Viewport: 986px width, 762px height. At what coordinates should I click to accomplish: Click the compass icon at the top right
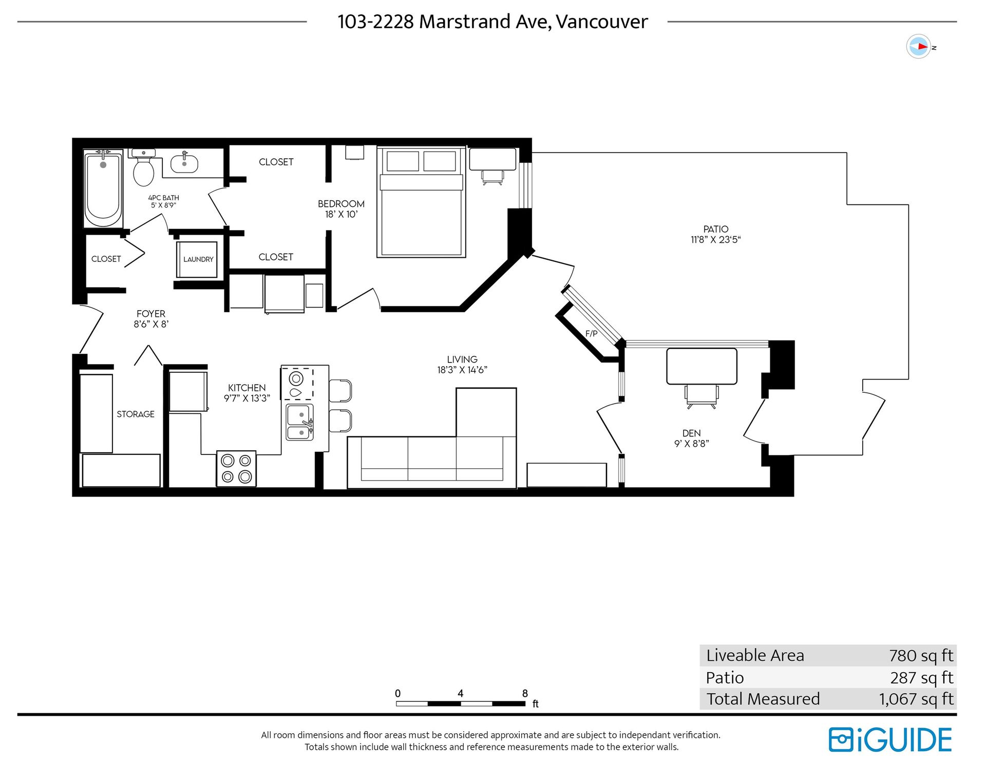[x=919, y=47]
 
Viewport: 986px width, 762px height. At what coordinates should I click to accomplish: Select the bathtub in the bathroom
[x=103, y=188]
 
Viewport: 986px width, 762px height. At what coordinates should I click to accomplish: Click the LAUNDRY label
[x=198, y=259]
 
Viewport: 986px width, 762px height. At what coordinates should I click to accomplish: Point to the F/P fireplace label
[x=591, y=334]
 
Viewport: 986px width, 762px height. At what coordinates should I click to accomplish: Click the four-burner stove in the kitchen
[x=236, y=468]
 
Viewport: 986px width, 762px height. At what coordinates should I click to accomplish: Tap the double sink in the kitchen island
[x=299, y=422]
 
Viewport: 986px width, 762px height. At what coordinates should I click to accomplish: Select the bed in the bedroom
[x=421, y=201]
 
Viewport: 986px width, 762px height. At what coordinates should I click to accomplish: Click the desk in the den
[x=701, y=366]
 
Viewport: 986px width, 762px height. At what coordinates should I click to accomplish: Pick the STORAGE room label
[x=136, y=414]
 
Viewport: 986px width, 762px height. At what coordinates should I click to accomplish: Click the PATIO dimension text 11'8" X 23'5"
[x=716, y=240]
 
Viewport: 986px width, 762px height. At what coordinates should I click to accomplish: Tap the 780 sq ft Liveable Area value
[x=921, y=656]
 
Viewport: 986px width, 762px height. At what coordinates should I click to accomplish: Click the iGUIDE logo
[x=890, y=740]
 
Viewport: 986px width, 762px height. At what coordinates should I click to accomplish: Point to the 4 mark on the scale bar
[x=461, y=694]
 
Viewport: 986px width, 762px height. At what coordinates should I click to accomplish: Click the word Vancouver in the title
[x=602, y=22]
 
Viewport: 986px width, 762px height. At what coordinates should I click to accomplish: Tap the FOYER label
[x=151, y=314]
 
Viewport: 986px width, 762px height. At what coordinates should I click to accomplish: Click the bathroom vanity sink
[x=184, y=163]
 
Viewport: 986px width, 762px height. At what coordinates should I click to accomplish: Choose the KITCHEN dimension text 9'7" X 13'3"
[x=247, y=398]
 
